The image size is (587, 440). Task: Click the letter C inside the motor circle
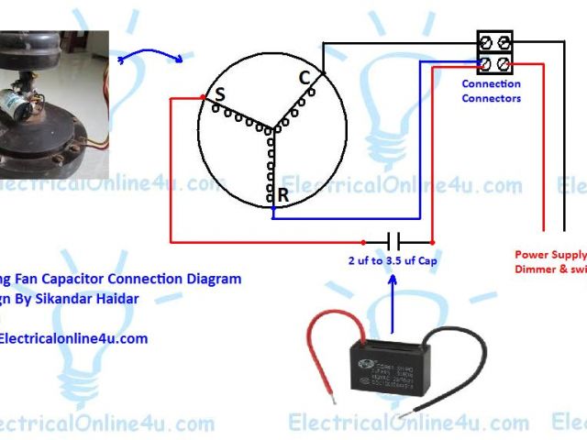tap(305, 78)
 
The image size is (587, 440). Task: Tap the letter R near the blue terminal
tap(283, 194)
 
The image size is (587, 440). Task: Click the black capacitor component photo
tap(391, 364)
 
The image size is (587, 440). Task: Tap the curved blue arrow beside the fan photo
tap(151, 52)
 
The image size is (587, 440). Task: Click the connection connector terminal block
tap(493, 53)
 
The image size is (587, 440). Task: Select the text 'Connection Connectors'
tap(491, 91)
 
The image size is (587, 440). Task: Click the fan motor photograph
tap(55, 101)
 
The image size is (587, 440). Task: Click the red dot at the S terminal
tap(203, 96)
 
